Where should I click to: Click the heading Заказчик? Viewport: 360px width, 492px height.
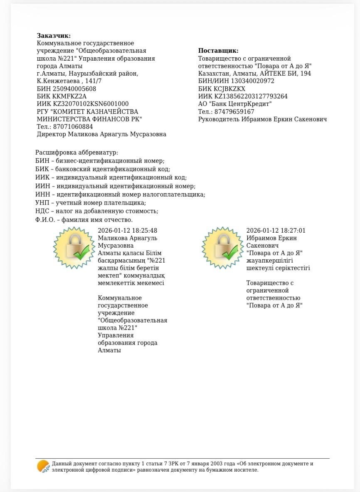tap(54, 36)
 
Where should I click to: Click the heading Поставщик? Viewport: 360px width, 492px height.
tap(218, 51)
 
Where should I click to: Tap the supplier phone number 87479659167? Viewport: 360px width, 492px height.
tap(234, 112)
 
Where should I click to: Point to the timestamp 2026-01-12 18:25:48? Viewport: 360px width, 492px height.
tap(127, 231)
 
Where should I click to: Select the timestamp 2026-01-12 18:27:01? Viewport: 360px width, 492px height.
tap(276, 231)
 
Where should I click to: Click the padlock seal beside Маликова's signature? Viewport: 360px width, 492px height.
tap(74, 248)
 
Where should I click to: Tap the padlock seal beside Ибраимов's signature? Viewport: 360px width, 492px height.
tap(223, 248)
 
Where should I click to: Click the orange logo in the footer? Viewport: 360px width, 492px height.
tap(43, 467)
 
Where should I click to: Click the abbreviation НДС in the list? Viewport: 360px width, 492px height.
tap(42, 211)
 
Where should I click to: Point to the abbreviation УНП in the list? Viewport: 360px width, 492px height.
tap(42, 203)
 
